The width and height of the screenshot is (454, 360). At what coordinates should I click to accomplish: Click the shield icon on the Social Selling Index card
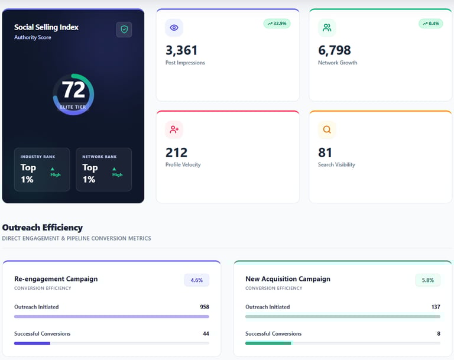click(x=124, y=30)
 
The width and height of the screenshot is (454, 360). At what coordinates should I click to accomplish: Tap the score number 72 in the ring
click(x=73, y=90)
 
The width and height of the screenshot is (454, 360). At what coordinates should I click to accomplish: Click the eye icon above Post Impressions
click(x=174, y=28)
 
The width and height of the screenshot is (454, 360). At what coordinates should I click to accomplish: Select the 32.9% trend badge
click(x=277, y=24)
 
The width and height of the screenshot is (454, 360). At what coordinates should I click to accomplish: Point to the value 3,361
click(x=181, y=50)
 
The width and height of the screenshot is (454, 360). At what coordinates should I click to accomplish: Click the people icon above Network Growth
click(x=326, y=28)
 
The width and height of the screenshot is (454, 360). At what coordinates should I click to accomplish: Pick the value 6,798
click(x=335, y=50)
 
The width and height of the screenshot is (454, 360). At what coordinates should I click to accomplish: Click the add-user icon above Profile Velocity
click(x=174, y=129)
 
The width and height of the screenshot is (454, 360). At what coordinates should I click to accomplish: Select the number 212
click(x=176, y=153)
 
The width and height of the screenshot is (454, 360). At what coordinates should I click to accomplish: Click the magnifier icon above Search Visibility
click(x=326, y=129)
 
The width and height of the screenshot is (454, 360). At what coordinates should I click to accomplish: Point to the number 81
click(x=325, y=153)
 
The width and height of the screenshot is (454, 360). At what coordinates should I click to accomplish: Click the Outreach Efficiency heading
click(x=43, y=228)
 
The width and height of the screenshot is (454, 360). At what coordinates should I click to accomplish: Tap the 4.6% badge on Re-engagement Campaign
click(x=196, y=280)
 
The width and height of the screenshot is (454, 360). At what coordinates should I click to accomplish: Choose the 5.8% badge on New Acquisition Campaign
click(x=428, y=280)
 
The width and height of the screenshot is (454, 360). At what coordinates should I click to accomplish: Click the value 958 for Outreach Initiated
click(x=205, y=307)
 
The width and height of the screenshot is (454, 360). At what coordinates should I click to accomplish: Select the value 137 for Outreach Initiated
click(x=436, y=307)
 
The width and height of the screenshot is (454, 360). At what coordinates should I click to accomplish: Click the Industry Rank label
click(x=38, y=157)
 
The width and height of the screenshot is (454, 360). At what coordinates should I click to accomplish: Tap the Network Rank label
click(x=100, y=157)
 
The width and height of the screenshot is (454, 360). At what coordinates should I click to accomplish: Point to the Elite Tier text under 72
click(x=73, y=107)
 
